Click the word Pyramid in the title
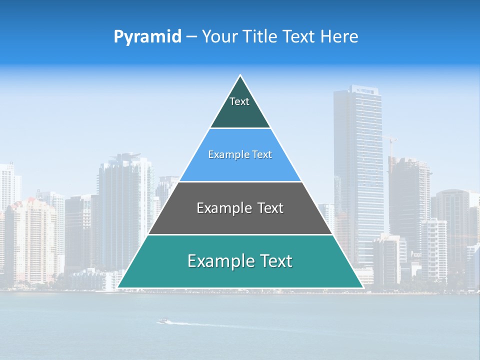tap(147, 37)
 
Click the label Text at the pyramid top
tap(239, 101)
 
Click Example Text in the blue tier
tap(240, 155)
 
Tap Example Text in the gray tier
tap(240, 208)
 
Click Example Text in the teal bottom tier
tap(240, 261)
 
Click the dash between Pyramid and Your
tap(191, 37)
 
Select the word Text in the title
tap(299, 37)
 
